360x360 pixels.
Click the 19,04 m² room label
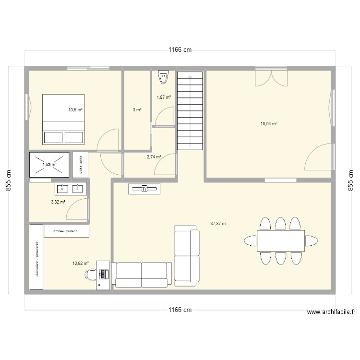pos(269,123)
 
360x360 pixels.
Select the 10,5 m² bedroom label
pos(75,110)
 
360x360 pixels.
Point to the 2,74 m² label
pos(154,156)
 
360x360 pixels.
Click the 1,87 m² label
pos(164,97)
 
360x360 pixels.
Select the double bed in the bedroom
pos(64,119)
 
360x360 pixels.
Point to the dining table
pos(281,240)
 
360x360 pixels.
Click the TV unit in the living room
pos(144,189)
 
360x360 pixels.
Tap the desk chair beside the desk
pos(91,274)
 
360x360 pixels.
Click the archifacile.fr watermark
pos(331,312)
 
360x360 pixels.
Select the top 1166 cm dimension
pos(180,50)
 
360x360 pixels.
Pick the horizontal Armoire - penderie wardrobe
pos(67,231)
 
